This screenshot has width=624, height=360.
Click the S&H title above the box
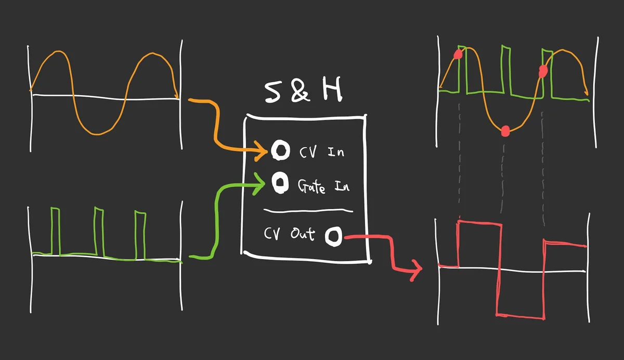click(x=304, y=91)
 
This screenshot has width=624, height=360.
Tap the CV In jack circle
click(x=280, y=151)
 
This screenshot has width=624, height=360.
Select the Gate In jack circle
click(x=280, y=183)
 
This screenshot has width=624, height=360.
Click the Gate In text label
click(x=322, y=185)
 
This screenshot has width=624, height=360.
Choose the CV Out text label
click(x=289, y=235)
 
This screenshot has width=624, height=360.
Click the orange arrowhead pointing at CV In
click(x=263, y=151)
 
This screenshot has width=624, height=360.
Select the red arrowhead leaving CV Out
click(x=417, y=270)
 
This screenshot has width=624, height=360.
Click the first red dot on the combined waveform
click(x=458, y=55)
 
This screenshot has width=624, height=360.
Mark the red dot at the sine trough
click(x=504, y=132)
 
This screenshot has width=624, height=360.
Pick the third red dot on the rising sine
click(x=543, y=70)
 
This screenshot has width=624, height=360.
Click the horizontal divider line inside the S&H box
click(x=308, y=211)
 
